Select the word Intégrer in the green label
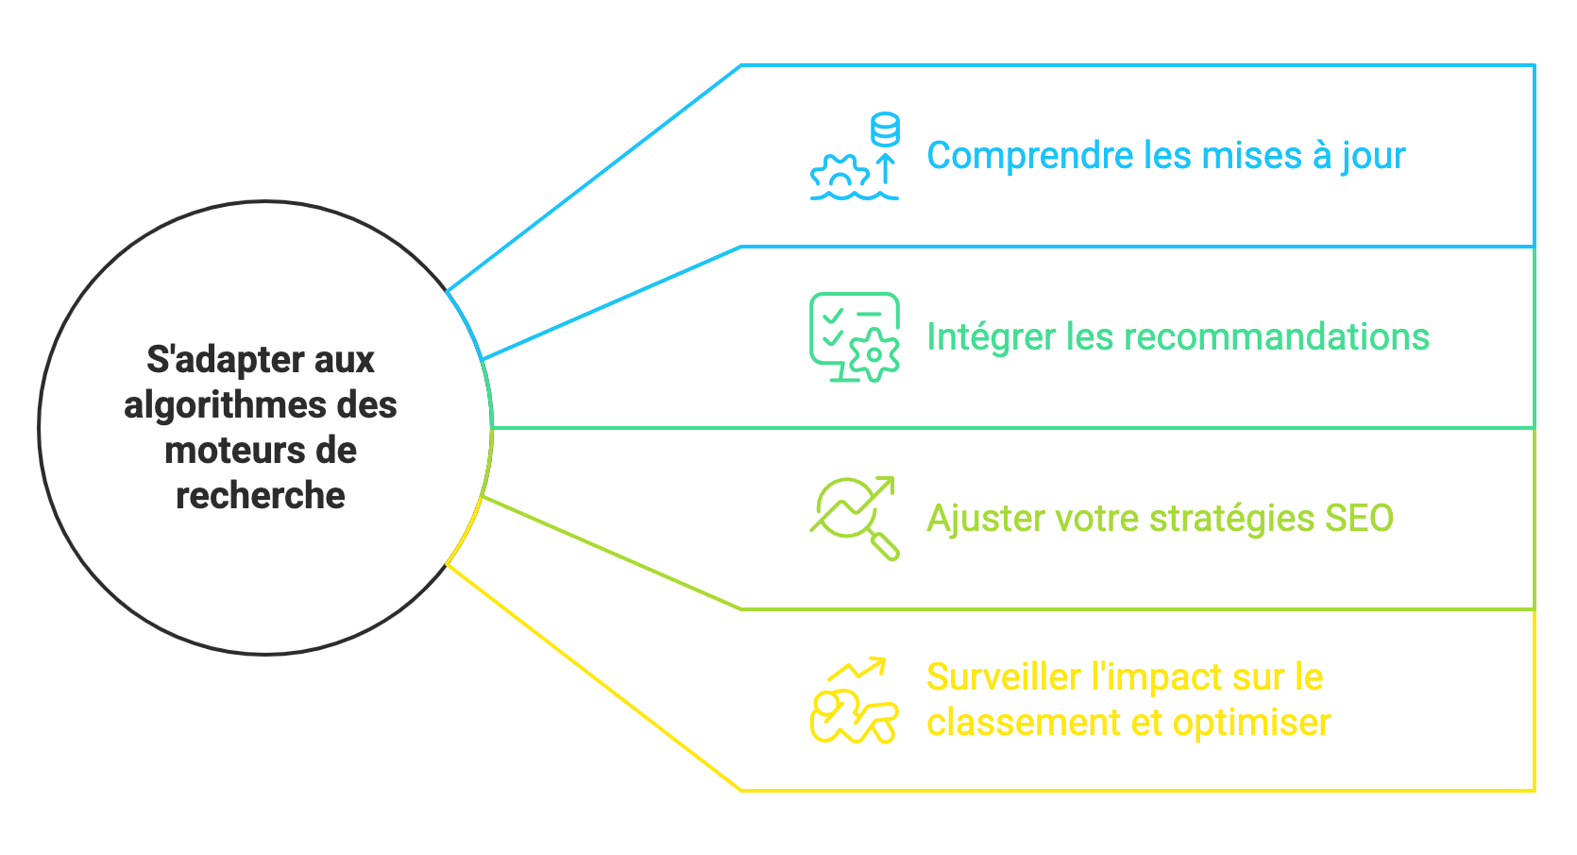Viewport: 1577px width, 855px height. [x=991, y=337]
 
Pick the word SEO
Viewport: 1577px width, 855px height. [x=1359, y=519]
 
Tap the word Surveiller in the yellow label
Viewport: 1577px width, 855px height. [x=1004, y=677]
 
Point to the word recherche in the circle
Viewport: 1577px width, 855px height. [x=261, y=496]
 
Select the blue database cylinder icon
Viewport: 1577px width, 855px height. [x=885, y=129]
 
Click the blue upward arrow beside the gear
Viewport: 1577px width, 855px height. [x=885, y=170]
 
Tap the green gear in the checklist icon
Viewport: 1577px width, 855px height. [x=874, y=355]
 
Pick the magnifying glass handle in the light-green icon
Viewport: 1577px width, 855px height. [x=885, y=546]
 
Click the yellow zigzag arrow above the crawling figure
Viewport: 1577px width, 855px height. [x=857, y=669]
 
